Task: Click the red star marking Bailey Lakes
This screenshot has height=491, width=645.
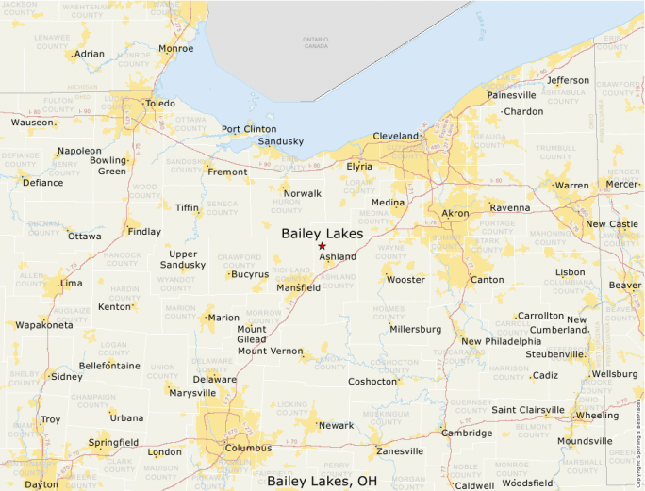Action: (322, 246)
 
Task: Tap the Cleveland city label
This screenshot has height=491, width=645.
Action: (396, 137)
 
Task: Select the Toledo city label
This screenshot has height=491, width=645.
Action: (160, 104)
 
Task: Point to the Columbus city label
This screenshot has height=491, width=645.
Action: (248, 448)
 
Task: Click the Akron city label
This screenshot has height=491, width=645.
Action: (455, 214)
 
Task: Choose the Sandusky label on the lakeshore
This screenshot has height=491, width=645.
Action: (281, 142)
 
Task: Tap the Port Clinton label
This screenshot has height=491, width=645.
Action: (249, 129)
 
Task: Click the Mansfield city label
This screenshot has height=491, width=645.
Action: (298, 287)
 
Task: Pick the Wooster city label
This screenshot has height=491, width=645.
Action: (406, 280)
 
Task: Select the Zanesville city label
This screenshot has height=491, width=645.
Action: (400, 451)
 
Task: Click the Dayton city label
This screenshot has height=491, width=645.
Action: (41, 484)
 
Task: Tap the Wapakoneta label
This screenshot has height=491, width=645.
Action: (43, 325)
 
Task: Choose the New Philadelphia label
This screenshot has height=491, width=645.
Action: (501, 341)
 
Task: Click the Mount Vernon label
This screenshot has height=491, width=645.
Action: (270, 351)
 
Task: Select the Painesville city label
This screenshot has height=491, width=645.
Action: (512, 95)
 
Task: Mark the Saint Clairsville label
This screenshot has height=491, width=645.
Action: (528, 410)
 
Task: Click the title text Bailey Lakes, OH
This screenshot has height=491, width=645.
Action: (328, 481)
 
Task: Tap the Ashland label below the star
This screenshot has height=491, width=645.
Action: (338, 256)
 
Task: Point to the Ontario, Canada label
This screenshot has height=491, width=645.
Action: (316, 42)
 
